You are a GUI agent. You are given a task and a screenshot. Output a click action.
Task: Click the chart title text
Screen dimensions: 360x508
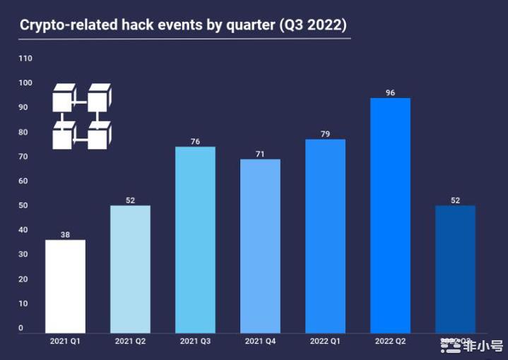(183, 25)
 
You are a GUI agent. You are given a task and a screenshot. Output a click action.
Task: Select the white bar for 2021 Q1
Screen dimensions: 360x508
(65, 286)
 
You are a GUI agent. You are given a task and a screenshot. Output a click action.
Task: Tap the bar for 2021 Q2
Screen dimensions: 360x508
(130, 268)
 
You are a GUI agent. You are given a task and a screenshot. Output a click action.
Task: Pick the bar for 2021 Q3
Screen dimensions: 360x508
(195, 239)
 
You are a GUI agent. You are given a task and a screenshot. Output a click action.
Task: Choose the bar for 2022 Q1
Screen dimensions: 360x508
(325, 236)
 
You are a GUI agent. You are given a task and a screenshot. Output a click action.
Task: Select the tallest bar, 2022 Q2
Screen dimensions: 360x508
(390, 215)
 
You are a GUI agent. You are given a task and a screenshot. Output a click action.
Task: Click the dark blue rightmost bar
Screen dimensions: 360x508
(455, 268)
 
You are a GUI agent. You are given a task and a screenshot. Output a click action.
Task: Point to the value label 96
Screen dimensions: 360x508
(390, 92)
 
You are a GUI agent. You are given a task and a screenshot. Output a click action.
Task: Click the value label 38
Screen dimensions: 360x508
(65, 234)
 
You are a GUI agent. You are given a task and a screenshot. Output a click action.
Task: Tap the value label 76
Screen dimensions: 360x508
(195, 142)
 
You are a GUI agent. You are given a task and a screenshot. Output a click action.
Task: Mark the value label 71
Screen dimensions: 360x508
(260, 154)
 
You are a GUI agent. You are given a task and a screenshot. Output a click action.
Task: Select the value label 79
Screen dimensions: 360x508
(325, 134)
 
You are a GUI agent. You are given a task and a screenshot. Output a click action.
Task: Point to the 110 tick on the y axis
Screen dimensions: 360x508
(25, 59)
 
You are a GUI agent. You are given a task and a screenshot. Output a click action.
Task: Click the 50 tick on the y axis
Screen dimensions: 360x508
(23, 205)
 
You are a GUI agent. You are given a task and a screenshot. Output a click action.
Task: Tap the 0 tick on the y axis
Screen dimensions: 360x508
(21, 328)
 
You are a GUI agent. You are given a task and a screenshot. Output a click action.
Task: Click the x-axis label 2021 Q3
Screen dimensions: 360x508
(195, 342)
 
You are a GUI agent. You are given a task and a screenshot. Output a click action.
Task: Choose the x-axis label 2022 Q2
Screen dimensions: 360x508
(390, 342)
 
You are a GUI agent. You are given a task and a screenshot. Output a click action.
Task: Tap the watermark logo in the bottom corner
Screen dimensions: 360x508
(471, 346)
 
